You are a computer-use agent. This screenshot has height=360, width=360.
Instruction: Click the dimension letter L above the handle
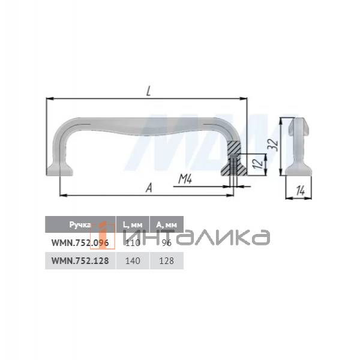(148, 91)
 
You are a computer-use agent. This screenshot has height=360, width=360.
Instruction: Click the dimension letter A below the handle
(148, 187)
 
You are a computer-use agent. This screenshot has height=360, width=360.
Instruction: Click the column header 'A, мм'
(166, 224)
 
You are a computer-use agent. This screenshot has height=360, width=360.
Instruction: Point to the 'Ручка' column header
(79, 224)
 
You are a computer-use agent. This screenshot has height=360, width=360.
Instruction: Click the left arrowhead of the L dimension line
(49, 98)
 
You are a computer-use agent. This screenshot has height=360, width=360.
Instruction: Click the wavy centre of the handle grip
(148, 127)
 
